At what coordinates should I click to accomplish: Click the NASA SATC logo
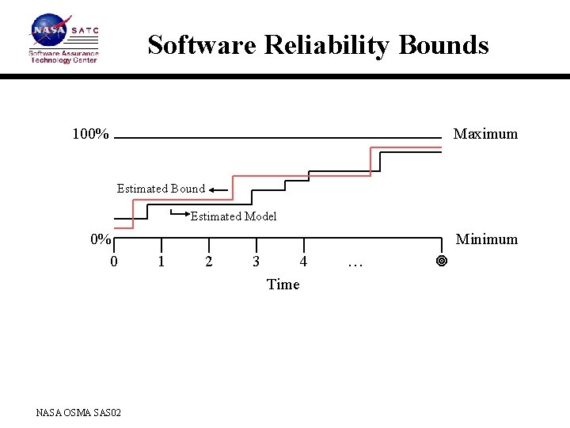click(x=64, y=38)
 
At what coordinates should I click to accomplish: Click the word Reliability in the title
click(x=326, y=45)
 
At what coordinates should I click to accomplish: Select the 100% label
click(x=90, y=134)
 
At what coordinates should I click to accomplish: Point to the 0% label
click(x=101, y=239)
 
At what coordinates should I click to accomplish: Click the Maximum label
click(x=485, y=134)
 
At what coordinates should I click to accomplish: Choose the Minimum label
click(x=486, y=239)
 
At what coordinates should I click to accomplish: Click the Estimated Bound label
click(x=161, y=189)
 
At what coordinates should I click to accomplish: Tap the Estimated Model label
click(x=234, y=216)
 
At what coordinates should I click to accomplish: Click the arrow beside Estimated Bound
click(x=219, y=189)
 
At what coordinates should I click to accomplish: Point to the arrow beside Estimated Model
click(x=180, y=212)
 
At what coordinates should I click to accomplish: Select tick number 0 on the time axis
click(x=114, y=262)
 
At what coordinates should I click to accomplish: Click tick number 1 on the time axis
click(x=161, y=262)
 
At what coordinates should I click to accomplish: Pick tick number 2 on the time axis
click(x=209, y=262)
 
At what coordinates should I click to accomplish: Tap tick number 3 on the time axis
click(x=256, y=262)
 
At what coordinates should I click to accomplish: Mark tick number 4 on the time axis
click(x=303, y=262)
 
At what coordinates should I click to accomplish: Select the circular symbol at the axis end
click(x=442, y=261)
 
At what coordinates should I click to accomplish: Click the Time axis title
click(x=283, y=284)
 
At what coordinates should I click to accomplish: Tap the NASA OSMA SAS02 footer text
click(x=78, y=411)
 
